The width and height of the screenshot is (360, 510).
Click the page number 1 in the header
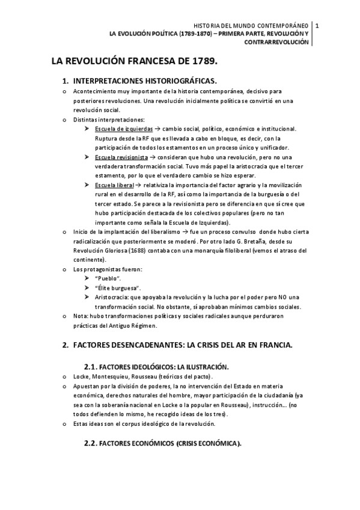coord(317,25)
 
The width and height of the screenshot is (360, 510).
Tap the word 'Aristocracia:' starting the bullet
coord(111,298)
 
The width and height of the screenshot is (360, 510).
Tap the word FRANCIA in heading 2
coord(273,346)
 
